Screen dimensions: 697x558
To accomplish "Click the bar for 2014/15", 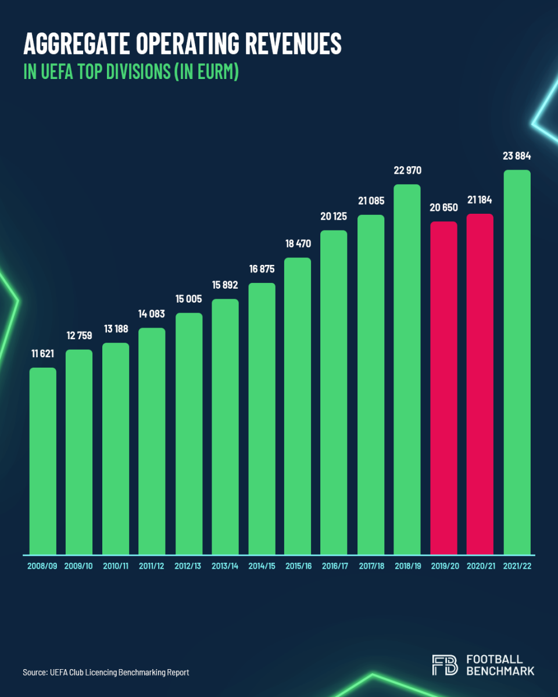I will [x=262, y=418].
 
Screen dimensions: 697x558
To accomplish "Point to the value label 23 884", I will [x=517, y=156].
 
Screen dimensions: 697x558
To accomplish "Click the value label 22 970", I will [x=407, y=171].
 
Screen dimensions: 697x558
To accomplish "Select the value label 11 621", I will [x=43, y=354].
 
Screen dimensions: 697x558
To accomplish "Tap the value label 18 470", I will [x=298, y=243].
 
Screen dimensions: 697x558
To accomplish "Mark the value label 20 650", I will [x=443, y=207].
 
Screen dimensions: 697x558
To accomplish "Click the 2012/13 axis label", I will [x=188, y=566].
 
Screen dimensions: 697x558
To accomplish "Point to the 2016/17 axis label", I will [x=334, y=566].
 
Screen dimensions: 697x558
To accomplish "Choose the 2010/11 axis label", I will [x=116, y=566].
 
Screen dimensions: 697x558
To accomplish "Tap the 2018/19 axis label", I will [x=407, y=566].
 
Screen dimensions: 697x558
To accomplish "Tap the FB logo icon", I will [x=445, y=665].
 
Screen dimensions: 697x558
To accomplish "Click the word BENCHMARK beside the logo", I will [x=500, y=671].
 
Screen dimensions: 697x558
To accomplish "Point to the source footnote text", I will [x=106, y=673].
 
